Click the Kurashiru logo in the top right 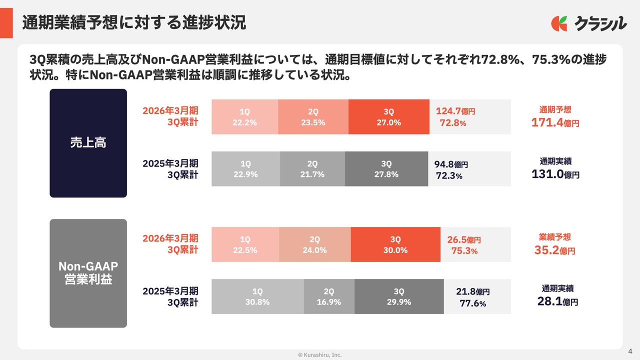click(x=588, y=23)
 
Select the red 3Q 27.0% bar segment click(x=388, y=117)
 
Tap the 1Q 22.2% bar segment click(x=244, y=117)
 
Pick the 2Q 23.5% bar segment click(x=313, y=117)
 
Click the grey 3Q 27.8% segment click(x=386, y=169)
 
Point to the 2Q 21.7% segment click(x=312, y=169)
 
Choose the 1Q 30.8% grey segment click(x=257, y=296)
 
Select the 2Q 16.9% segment click(x=329, y=296)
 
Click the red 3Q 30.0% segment click(x=395, y=244)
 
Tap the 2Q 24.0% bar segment click(x=314, y=244)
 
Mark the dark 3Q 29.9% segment click(x=398, y=296)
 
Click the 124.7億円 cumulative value click(x=455, y=111)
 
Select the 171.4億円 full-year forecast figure click(x=555, y=122)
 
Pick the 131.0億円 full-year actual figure click(x=555, y=174)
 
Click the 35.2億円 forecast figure click(x=554, y=250)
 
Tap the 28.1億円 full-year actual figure click(x=557, y=301)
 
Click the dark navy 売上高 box click(x=88, y=143)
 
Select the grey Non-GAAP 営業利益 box click(x=88, y=273)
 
